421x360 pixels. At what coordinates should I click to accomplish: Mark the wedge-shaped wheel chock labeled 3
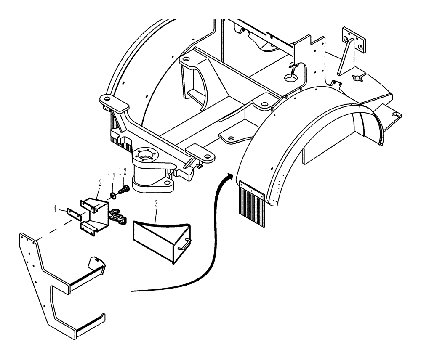[160, 240]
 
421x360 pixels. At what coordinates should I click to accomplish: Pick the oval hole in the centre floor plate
[290, 77]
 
